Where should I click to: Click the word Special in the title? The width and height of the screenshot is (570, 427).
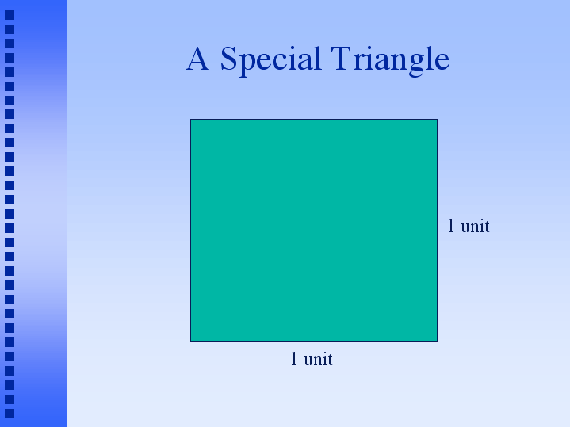pyautogui.click(x=271, y=60)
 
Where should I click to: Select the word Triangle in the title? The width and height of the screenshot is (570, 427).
pyautogui.click(x=390, y=60)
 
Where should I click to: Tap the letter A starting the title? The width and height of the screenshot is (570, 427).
pyautogui.click(x=197, y=58)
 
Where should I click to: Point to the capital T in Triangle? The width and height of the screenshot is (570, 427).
pyautogui.click(x=341, y=58)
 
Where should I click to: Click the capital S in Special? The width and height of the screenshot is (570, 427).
pyautogui.click(x=229, y=58)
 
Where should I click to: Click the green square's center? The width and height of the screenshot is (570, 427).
pyautogui.click(x=314, y=231)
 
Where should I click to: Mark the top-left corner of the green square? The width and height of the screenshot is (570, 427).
pyautogui.click(x=190, y=119)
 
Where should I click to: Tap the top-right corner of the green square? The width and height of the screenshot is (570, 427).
pyautogui.click(x=438, y=119)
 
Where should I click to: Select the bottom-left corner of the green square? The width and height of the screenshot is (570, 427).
pyautogui.click(x=190, y=342)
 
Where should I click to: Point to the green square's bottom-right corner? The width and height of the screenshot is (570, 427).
pyautogui.click(x=438, y=342)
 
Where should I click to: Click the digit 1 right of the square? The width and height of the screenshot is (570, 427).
pyautogui.click(x=451, y=226)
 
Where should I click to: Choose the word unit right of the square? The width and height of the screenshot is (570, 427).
pyautogui.click(x=475, y=226)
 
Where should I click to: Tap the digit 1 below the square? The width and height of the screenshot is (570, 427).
pyautogui.click(x=294, y=359)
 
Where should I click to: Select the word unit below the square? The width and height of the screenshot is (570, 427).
pyautogui.click(x=318, y=359)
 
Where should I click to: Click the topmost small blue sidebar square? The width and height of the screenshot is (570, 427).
pyautogui.click(x=10, y=15)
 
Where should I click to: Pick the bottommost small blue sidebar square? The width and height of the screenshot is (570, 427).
pyautogui.click(x=10, y=414)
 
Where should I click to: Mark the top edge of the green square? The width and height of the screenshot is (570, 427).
pyautogui.click(x=314, y=119)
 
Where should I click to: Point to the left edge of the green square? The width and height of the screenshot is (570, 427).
pyautogui.click(x=190, y=231)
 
